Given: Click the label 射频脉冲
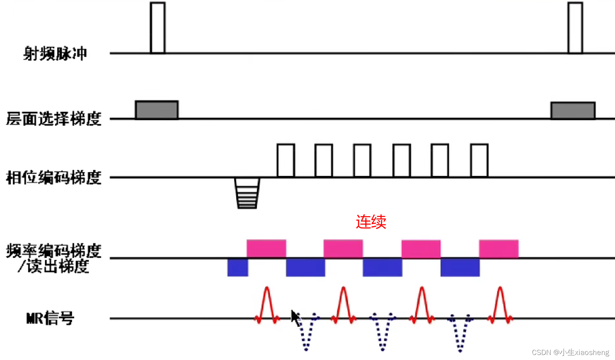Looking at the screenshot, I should pyautogui.click(x=55, y=53).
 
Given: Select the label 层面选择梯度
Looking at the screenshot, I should pyautogui.click(x=53, y=119).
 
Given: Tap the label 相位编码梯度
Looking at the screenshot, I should pyautogui.click(x=53, y=178).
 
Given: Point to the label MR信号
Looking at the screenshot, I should pyautogui.click(x=50, y=318).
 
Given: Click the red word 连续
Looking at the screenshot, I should pyautogui.click(x=371, y=222).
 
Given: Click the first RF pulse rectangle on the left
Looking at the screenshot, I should pyautogui.click(x=157, y=28).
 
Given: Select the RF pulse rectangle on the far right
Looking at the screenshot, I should pyautogui.click(x=575, y=28).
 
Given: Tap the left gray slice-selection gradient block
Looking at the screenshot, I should pyautogui.click(x=157, y=110).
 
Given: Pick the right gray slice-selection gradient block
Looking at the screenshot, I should pyautogui.click(x=573, y=111).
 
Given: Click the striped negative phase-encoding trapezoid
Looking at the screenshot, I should pyautogui.click(x=247, y=193).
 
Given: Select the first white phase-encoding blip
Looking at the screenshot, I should pyautogui.click(x=286, y=160).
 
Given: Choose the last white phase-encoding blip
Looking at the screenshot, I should pyautogui.click(x=479, y=160).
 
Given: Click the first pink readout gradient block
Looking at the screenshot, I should pyautogui.click(x=266, y=248).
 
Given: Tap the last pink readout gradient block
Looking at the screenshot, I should pyautogui.click(x=499, y=248).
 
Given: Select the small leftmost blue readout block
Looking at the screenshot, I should pyautogui.click(x=237, y=267).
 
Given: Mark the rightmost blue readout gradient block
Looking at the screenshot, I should pyautogui.click(x=460, y=267).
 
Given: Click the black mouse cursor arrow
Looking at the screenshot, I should pyautogui.click(x=295, y=317).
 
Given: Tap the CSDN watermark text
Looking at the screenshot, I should pyautogui.click(x=570, y=352).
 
